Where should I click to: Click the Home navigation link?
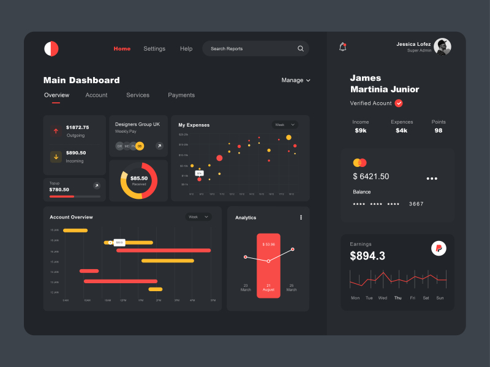click(x=122, y=49)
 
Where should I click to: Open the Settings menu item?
click(x=154, y=49)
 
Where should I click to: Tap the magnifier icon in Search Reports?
click(x=301, y=49)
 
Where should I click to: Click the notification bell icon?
click(x=342, y=47)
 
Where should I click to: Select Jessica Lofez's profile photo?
click(x=442, y=47)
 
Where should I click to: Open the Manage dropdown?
click(x=296, y=80)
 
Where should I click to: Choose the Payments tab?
click(x=181, y=95)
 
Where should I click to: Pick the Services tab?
click(x=138, y=95)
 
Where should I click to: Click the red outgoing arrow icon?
click(x=56, y=130)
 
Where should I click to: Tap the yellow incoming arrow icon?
click(x=56, y=156)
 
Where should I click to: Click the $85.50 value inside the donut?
click(x=139, y=179)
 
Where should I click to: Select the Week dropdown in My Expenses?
click(x=285, y=125)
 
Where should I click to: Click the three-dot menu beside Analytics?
click(x=301, y=217)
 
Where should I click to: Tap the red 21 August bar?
click(x=268, y=265)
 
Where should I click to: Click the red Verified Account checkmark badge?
click(x=399, y=103)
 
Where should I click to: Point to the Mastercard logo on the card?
click(x=360, y=163)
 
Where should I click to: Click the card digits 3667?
click(x=417, y=204)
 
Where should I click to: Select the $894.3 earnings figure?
click(x=367, y=256)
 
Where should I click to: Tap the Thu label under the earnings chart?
click(x=398, y=298)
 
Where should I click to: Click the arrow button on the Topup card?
click(x=97, y=185)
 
